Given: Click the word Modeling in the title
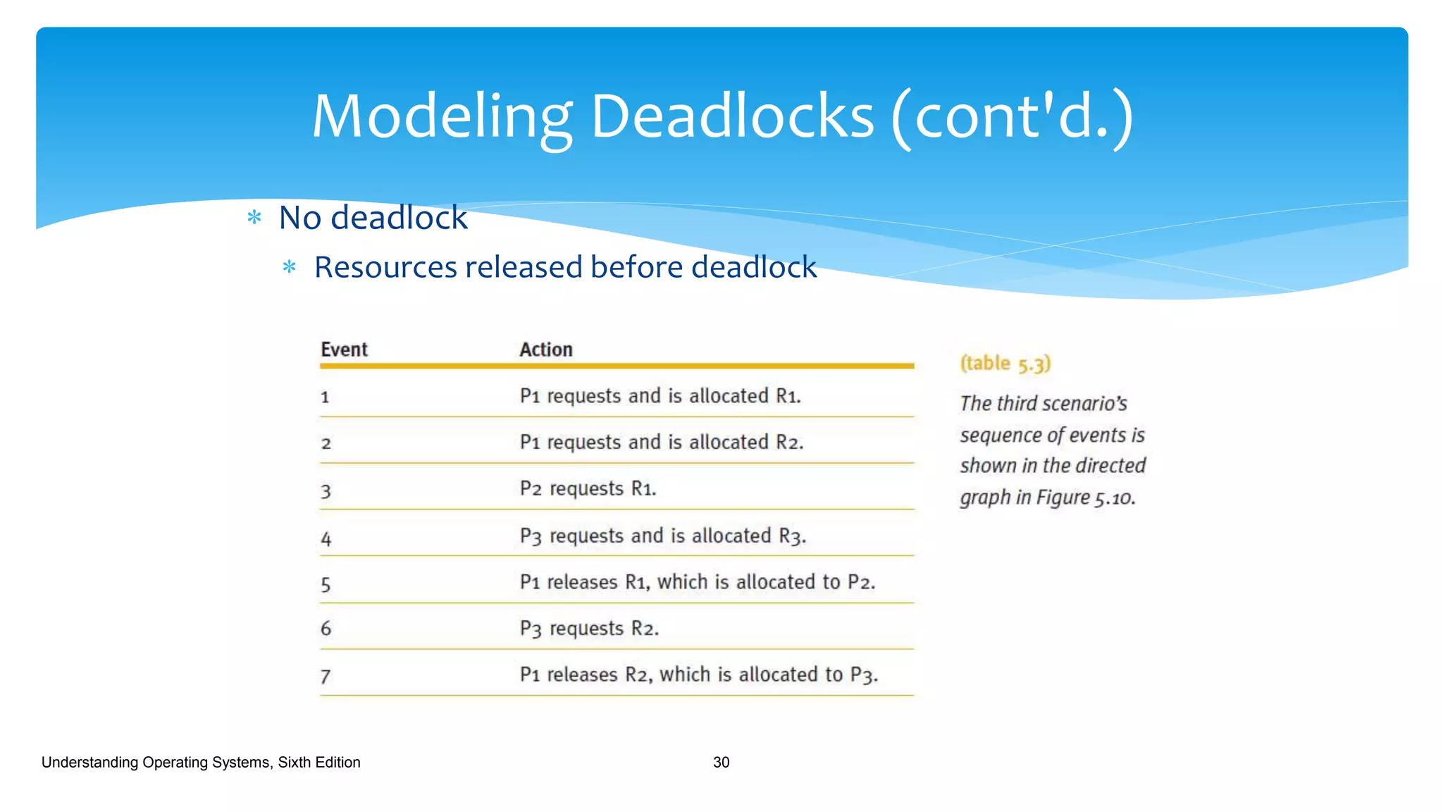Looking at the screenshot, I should tap(440, 117).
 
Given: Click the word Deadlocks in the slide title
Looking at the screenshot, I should tap(732, 117).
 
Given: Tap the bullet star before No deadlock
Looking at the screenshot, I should tap(254, 218).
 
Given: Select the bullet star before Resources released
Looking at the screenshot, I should tap(289, 267).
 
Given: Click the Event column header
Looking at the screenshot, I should tap(344, 350).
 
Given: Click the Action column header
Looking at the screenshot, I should tap(546, 350).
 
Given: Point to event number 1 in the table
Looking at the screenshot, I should tap(325, 398).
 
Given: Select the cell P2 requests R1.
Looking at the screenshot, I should tap(588, 488).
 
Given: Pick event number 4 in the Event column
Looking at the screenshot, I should tap(326, 539).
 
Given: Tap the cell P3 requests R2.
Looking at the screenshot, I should tap(589, 628).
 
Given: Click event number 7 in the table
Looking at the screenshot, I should tap(325, 677).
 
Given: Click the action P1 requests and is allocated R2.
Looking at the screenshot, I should tap(661, 442).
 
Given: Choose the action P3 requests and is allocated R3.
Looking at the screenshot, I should tap(662, 536).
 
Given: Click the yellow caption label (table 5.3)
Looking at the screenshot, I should tap(1005, 364).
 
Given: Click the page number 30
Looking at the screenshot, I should tap(721, 762).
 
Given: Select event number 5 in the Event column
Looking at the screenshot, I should tap(326, 584).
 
